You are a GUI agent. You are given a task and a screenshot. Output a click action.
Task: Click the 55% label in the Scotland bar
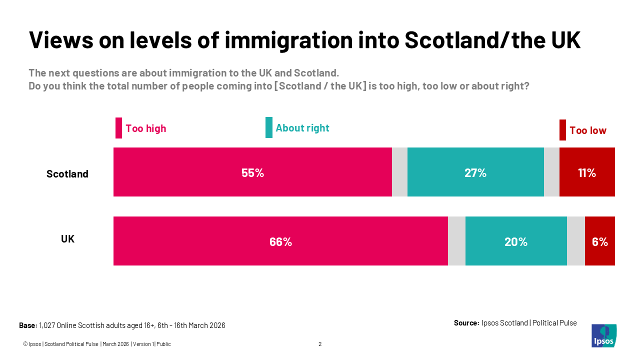click(x=252, y=173)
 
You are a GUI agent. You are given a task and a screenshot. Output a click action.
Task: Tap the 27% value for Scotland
click(x=475, y=173)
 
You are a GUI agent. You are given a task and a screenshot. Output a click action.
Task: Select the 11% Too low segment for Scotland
click(x=587, y=173)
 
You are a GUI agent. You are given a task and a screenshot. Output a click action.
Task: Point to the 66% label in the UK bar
click(x=280, y=242)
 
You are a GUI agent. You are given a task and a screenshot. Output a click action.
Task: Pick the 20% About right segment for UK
click(x=516, y=242)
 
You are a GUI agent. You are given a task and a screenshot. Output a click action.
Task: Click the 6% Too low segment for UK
click(x=599, y=242)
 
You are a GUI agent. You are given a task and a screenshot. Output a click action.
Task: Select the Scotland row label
click(x=67, y=174)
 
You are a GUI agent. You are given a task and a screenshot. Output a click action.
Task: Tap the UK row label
click(x=67, y=239)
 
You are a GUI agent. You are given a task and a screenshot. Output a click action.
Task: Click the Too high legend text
click(x=145, y=128)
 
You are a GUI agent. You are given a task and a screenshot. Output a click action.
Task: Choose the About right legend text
click(x=302, y=128)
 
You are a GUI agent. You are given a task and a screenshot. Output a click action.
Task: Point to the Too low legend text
click(x=587, y=130)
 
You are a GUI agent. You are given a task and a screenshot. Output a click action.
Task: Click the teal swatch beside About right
click(x=269, y=127)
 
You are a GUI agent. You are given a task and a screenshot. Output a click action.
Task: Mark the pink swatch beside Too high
click(x=118, y=128)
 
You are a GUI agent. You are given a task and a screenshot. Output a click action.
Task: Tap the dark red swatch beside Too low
click(x=562, y=130)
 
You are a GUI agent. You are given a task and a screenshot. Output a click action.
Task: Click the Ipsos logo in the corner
click(x=604, y=335)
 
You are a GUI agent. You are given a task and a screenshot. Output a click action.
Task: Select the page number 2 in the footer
click(x=320, y=344)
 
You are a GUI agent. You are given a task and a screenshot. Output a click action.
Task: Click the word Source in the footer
click(x=466, y=323)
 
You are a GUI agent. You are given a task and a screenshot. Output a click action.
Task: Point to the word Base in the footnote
click(x=27, y=325)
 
